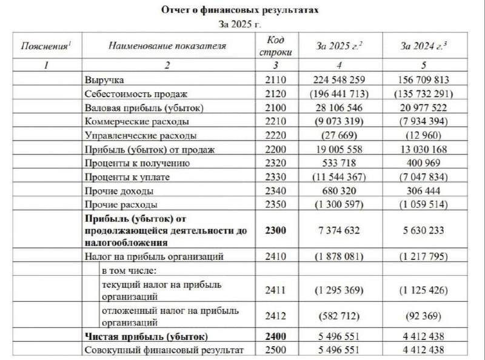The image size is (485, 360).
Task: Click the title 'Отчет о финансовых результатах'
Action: coord(239,11)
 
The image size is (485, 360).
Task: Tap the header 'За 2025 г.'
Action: coord(339,46)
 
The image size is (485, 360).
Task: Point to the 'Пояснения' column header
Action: coord(46,45)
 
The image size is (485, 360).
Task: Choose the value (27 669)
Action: coord(339,135)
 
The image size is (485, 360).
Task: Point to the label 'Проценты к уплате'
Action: coord(123,176)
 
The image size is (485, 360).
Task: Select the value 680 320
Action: coord(339,190)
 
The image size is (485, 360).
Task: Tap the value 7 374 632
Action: coord(339,230)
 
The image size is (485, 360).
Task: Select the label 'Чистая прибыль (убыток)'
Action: coord(146,337)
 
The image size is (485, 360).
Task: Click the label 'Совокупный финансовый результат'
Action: coord(164,350)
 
